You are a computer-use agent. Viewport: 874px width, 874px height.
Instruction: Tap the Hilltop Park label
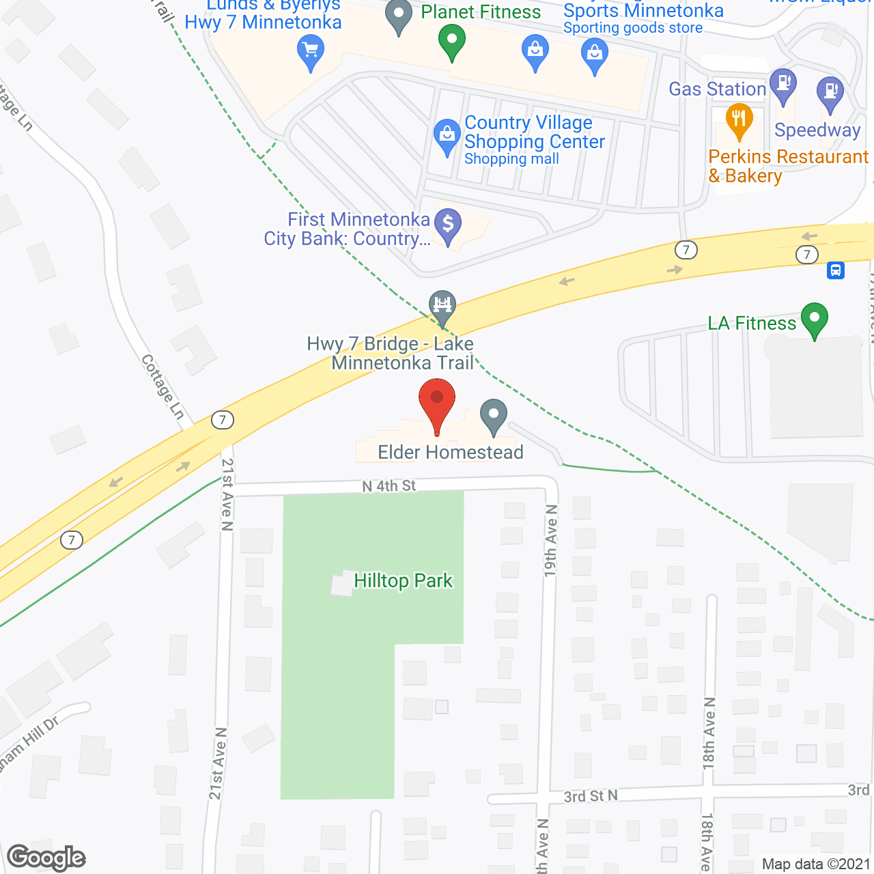pyautogui.click(x=403, y=581)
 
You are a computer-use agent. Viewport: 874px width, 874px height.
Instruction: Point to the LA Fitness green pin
pyautogui.click(x=814, y=319)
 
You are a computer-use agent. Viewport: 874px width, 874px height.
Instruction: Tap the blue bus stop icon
pyautogui.click(x=836, y=270)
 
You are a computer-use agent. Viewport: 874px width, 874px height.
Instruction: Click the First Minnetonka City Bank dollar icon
pyautogui.click(x=448, y=225)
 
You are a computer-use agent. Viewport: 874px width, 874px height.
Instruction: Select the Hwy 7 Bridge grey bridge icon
pyautogui.click(x=442, y=305)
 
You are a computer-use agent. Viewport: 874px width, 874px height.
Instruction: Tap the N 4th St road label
pyautogui.click(x=389, y=486)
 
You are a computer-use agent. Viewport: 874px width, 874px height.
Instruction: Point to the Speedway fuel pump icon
pyautogui.click(x=830, y=92)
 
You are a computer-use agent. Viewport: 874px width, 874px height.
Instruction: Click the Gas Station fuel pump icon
pyautogui.click(x=783, y=85)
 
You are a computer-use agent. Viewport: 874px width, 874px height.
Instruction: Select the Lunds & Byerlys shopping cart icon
pyautogui.click(x=311, y=51)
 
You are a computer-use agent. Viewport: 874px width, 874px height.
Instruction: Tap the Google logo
pyautogui.click(x=46, y=858)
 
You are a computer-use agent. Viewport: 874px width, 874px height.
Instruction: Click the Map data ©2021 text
pyautogui.click(x=816, y=864)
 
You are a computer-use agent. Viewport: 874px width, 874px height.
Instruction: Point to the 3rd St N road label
pyautogui.click(x=591, y=796)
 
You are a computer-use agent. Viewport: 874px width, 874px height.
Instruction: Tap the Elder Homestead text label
pyautogui.click(x=451, y=452)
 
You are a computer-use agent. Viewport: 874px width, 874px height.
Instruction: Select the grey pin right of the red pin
pyautogui.click(x=493, y=415)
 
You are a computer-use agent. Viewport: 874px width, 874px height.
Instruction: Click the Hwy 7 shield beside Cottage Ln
pyautogui.click(x=223, y=420)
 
